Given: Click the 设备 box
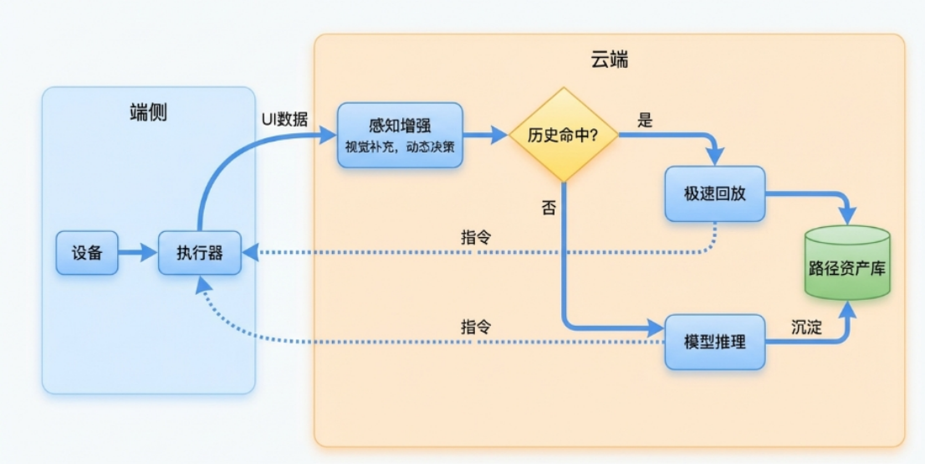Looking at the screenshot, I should tap(87, 252).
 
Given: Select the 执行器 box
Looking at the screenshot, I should tap(200, 252).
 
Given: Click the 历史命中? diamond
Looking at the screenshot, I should tap(564, 135).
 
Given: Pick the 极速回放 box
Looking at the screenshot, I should tap(714, 193).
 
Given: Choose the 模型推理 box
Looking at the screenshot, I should tap(714, 342).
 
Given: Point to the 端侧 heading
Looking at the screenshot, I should tap(148, 112).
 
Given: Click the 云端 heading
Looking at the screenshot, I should tap(610, 60).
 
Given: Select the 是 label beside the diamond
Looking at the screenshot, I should tap(645, 120).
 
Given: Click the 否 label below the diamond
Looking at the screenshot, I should tap(548, 209).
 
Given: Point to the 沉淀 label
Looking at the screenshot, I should tap(806, 327).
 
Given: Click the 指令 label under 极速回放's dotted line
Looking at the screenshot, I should tap(476, 237).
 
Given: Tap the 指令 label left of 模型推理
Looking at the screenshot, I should tap(476, 327).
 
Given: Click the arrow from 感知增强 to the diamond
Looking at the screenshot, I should tap(486, 134).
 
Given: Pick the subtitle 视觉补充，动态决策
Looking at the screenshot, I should tap(400, 147).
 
